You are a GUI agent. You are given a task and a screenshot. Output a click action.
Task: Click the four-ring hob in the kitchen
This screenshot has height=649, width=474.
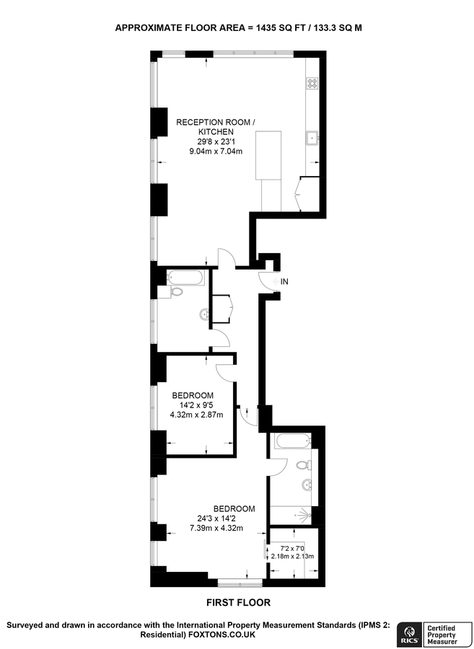(x=313, y=83)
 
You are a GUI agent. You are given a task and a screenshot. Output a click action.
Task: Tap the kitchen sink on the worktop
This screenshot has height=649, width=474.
(x=313, y=137)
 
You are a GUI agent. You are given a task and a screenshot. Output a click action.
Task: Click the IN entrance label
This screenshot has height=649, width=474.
(x=285, y=281)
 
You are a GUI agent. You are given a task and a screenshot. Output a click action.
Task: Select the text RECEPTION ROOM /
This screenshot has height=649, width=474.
(x=216, y=123)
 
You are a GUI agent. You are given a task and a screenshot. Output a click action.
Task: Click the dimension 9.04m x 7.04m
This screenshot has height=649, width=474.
(x=216, y=151)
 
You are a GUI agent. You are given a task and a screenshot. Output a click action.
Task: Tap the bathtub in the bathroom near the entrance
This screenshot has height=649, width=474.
(x=185, y=277)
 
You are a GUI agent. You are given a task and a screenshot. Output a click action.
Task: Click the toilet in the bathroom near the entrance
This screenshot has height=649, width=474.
(x=176, y=292)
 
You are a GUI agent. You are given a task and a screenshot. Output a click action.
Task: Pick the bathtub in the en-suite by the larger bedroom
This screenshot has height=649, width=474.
(x=290, y=440)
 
